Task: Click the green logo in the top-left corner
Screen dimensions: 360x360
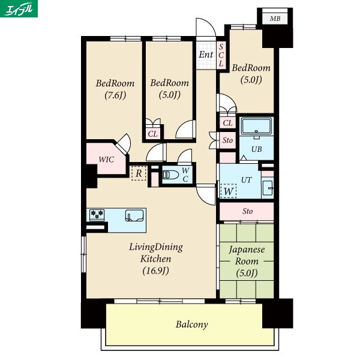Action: [19, 8]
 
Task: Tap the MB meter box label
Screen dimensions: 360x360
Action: [275, 19]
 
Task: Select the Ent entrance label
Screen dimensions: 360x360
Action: [206, 55]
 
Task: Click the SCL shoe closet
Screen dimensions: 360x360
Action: [221, 55]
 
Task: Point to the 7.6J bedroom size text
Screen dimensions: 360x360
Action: [115, 95]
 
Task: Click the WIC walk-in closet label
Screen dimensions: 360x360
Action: [106, 160]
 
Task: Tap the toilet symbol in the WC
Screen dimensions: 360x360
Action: [170, 175]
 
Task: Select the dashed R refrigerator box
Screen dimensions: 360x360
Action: [139, 173]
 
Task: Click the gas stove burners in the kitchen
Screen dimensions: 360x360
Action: [97, 215]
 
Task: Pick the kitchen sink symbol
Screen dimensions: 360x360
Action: [134, 215]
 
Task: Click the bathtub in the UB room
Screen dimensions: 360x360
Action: [256, 126]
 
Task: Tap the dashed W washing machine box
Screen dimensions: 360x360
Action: [228, 191]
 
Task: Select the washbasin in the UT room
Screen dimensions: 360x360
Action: [268, 188]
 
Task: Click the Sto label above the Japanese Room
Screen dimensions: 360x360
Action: [247, 211]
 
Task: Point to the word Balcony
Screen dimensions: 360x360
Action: [192, 325]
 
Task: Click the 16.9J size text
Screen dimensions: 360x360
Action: [155, 271]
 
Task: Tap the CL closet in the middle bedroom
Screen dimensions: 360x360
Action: [152, 133]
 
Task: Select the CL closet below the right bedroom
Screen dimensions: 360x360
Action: [228, 123]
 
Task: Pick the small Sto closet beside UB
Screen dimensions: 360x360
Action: [227, 140]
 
